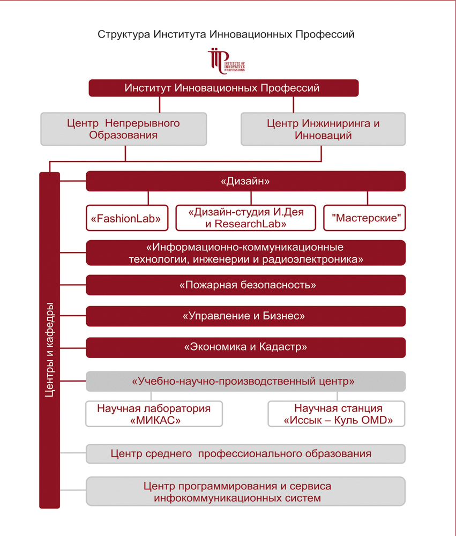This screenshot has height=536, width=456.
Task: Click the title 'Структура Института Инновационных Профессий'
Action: pyautogui.click(x=226, y=35)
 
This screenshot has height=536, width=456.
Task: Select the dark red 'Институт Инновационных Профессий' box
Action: pyautogui.click(x=223, y=88)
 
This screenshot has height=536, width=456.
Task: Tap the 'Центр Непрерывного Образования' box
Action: pyautogui.click(x=123, y=129)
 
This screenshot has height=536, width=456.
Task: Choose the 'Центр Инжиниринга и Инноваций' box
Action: pyautogui.click(x=323, y=129)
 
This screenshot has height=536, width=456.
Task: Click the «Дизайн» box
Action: pyautogui.click(x=245, y=181)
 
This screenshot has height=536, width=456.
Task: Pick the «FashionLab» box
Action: pyautogui.click(x=127, y=218)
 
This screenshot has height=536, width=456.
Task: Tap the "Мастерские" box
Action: pyautogui.click(x=364, y=218)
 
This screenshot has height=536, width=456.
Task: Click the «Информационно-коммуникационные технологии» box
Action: pyautogui.click(x=245, y=253)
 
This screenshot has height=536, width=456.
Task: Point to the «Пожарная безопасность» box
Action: pyautogui.click(x=245, y=285)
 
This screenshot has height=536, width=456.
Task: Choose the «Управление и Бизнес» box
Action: pyautogui.click(x=245, y=316)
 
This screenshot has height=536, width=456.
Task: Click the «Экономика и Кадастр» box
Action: pyautogui.click(x=245, y=347)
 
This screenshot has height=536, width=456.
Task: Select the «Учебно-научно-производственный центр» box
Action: pyautogui.click(x=245, y=382)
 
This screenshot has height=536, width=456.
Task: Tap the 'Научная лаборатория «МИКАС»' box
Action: pyautogui.click(x=154, y=414)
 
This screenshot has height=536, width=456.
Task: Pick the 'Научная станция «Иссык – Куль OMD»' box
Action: pyautogui.click(x=337, y=414)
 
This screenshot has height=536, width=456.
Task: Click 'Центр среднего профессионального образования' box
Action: pyautogui.click(x=245, y=454)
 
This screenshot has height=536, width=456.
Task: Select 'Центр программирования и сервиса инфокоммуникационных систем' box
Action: pyautogui.click(x=245, y=492)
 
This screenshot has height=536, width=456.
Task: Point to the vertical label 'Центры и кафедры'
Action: pyautogui.click(x=50, y=348)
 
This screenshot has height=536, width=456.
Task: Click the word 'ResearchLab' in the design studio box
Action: pyautogui.click(x=250, y=224)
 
